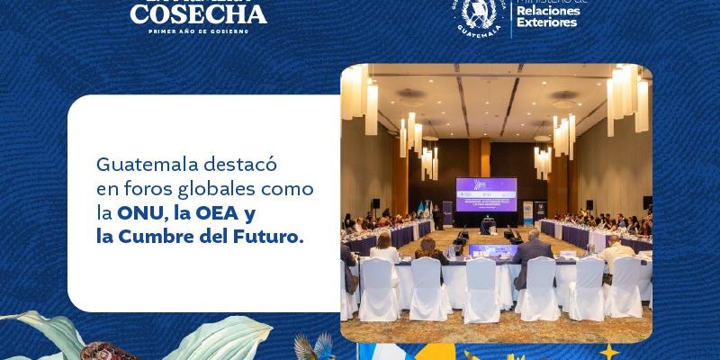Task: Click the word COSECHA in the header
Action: tap(199, 13)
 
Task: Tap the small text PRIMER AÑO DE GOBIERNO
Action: tap(199, 31)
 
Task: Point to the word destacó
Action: tap(241, 166)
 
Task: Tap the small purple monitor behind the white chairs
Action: tap(499, 251)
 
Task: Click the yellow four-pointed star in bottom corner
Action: tap(611, 350)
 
